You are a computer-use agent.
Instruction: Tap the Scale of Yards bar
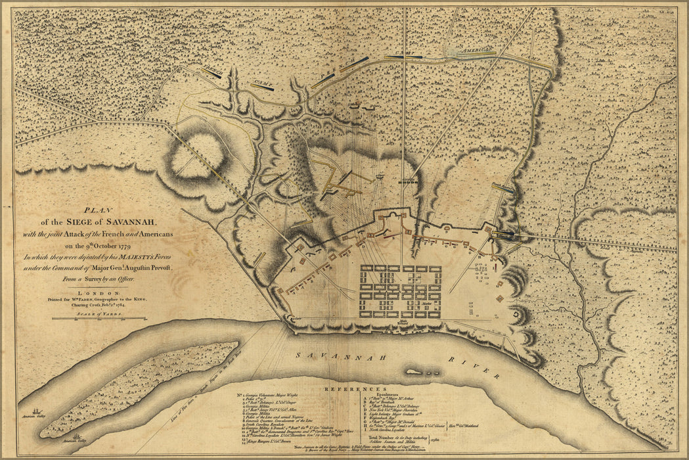coord(99,318)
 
